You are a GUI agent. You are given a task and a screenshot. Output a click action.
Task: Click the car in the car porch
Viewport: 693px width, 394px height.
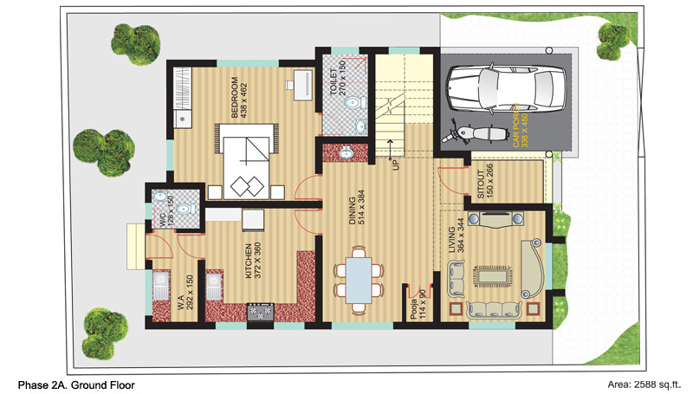(506, 89)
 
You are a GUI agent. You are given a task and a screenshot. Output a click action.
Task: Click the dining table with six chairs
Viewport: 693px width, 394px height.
(359, 281)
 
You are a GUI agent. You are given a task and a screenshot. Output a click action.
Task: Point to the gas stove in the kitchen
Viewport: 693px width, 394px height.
(261, 312)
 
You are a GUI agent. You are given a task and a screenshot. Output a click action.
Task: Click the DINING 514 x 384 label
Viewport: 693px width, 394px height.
(357, 208)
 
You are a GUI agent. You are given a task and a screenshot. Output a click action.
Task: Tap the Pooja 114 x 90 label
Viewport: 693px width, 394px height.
(418, 304)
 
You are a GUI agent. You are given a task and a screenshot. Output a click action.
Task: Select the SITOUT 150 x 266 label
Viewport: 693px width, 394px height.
(485, 181)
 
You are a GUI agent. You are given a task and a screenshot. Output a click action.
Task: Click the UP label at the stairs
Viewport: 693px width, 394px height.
(396, 165)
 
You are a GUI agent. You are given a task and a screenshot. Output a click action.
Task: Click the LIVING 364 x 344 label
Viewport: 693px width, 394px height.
(457, 236)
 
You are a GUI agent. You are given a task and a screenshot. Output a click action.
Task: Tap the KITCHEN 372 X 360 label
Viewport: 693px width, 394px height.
(253, 261)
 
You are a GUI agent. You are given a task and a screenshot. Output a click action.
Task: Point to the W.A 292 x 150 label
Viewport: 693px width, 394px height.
(185, 292)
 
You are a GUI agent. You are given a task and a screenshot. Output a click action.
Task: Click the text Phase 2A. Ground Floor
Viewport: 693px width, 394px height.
(76, 385)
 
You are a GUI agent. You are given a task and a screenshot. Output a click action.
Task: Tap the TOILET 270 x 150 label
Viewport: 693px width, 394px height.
(338, 78)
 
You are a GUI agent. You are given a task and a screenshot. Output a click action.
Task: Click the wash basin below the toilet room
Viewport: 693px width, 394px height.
(346, 152)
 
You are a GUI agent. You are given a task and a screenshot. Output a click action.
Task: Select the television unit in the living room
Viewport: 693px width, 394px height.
(495, 219)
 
